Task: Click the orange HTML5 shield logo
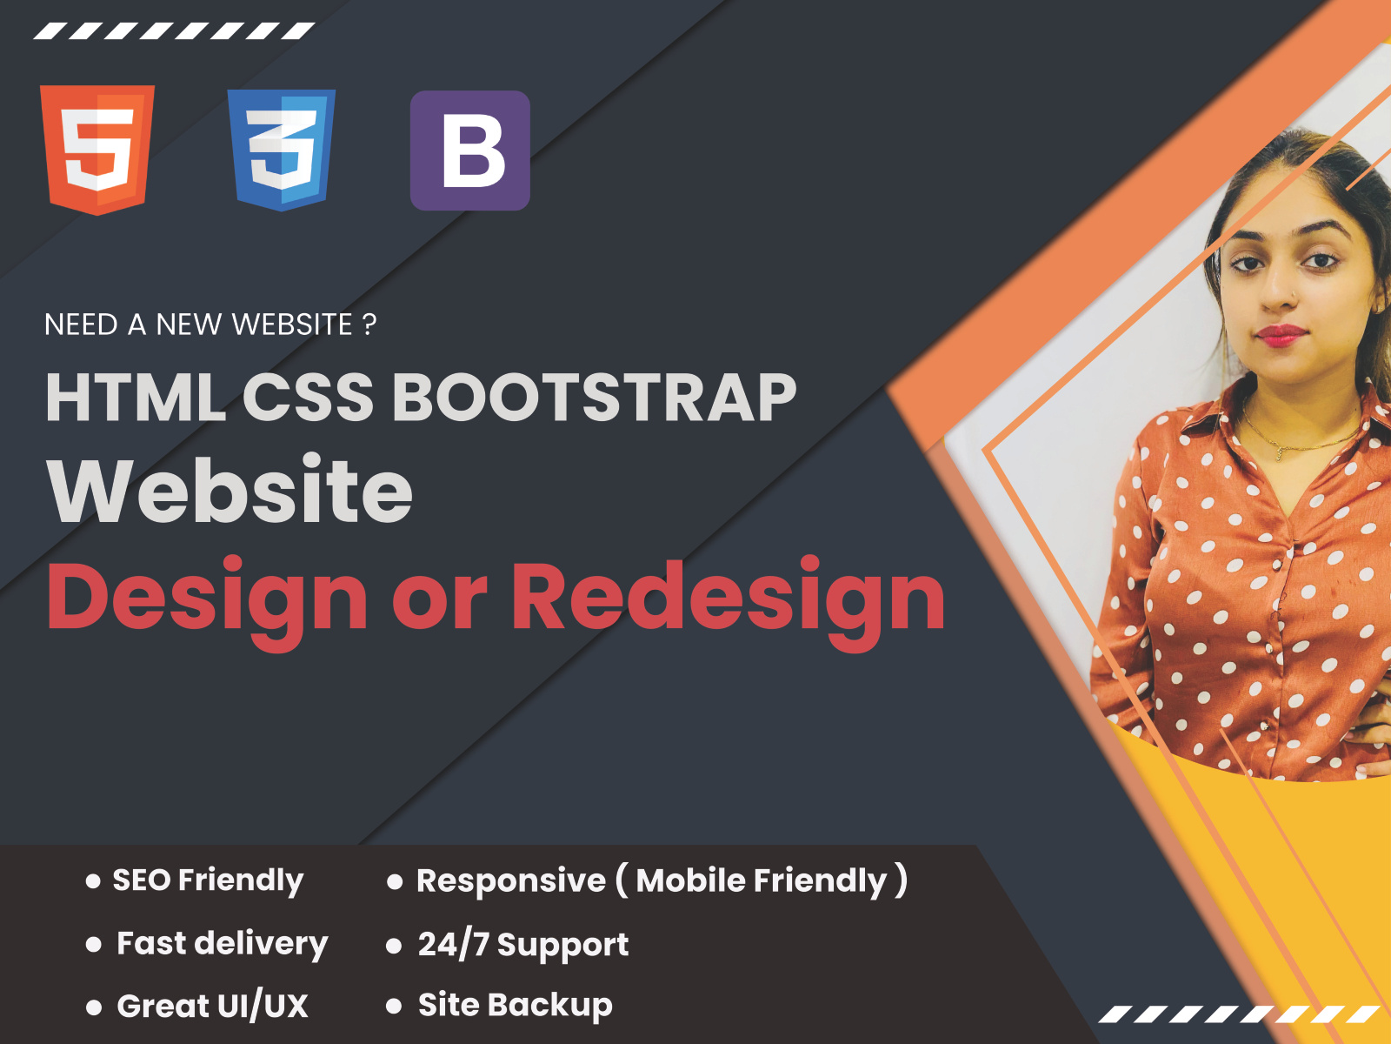click(x=97, y=149)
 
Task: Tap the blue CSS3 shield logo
click(x=281, y=150)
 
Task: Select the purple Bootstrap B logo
click(x=470, y=151)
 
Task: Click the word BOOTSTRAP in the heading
click(x=595, y=398)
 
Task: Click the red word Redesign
click(x=728, y=599)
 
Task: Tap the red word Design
click(x=207, y=599)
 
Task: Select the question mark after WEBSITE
click(x=369, y=325)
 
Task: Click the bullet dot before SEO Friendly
click(x=93, y=881)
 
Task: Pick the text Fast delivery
click(x=223, y=944)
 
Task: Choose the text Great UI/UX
click(x=213, y=1007)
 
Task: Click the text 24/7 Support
click(x=522, y=945)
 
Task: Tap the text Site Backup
click(x=515, y=1006)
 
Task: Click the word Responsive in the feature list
click(x=511, y=881)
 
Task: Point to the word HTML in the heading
click(x=136, y=398)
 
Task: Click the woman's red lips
click(x=1281, y=334)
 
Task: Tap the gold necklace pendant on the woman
click(x=1279, y=452)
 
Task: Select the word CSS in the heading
click(x=308, y=398)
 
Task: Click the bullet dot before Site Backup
click(x=394, y=1007)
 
